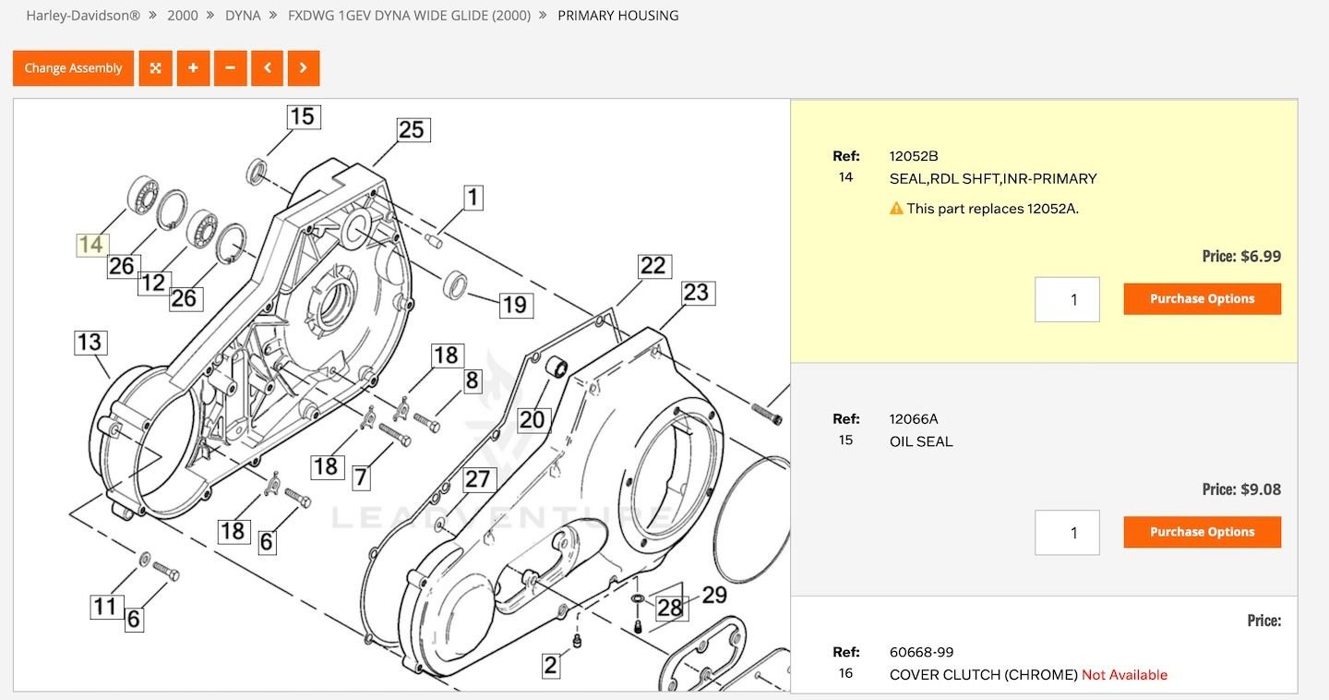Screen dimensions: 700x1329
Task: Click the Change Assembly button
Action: coord(73,68)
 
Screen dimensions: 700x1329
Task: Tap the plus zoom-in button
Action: coord(193,68)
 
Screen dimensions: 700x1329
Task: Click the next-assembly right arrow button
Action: coord(304,68)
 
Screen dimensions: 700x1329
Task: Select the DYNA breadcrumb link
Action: coord(243,16)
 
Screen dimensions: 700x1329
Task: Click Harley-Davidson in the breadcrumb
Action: coord(83,16)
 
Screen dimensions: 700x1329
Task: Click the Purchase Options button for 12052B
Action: coord(1202,298)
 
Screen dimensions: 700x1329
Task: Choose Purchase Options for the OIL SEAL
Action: coord(1202,532)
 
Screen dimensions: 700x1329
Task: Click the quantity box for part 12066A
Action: coord(1067,533)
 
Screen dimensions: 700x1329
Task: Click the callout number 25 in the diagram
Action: coord(412,129)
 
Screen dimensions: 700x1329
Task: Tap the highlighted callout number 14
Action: coord(91,245)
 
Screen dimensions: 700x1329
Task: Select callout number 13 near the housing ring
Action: coord(90,343)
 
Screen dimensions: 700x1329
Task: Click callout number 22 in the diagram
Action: coord(653,266)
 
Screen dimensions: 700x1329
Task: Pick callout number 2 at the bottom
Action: coord(551,665)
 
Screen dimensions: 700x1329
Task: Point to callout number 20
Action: coord(532,421)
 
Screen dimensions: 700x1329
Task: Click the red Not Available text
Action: coord(1124,675)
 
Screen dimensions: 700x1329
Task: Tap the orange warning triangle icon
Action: coord(896,209)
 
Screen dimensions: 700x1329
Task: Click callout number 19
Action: coord(514,305)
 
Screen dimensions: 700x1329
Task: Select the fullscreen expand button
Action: coord(156,68)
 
